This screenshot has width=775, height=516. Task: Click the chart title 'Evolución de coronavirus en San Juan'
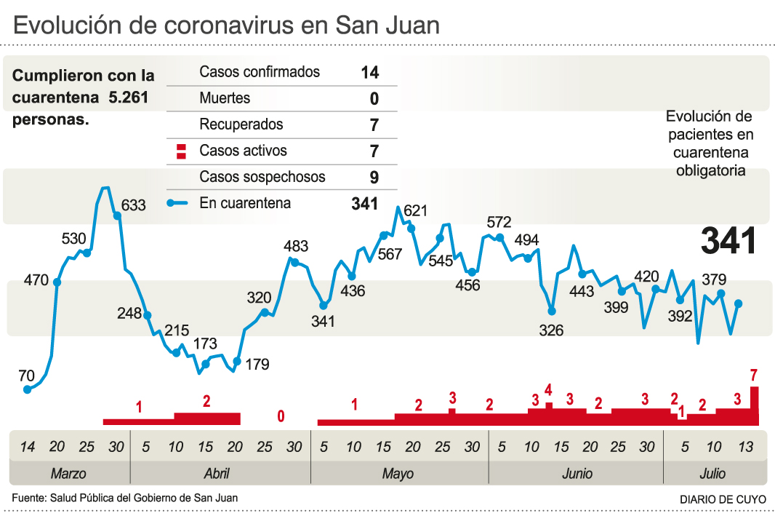227,25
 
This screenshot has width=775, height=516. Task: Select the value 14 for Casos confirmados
369,72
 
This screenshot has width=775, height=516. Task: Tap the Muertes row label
225,98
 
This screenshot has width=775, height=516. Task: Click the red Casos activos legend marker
180,151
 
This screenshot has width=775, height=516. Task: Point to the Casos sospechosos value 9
374,177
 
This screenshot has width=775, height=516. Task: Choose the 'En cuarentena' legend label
245,203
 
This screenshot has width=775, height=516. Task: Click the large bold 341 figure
729,241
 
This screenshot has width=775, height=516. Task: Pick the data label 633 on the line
134,205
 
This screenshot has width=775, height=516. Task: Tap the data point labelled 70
28,389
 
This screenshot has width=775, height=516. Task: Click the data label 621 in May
415,211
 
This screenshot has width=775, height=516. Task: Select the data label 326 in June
552,330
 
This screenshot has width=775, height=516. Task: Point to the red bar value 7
755,376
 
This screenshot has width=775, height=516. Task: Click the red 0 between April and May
281,416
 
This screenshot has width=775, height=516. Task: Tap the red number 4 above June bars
549,389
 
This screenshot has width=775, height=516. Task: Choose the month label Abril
217,474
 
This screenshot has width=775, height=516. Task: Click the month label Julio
712,474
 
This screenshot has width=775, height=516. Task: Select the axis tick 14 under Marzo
27,446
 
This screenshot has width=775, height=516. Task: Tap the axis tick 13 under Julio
744,446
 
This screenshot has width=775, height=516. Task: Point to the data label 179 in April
257,364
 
